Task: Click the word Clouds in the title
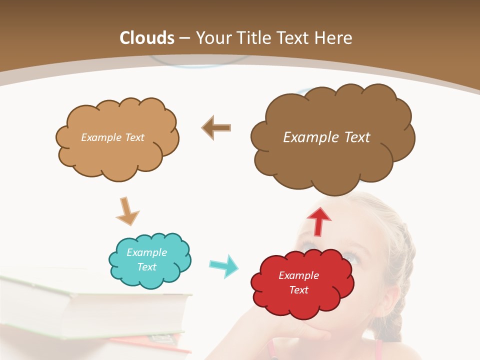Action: (147, 38)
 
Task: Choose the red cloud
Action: (300, 300)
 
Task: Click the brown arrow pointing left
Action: (216, 127)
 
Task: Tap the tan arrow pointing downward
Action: (127, 210)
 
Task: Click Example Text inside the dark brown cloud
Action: (326, 137)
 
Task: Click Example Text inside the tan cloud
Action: (112, 137)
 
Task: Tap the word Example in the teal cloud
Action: (146, 252)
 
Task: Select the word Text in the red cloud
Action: (299, 290)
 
